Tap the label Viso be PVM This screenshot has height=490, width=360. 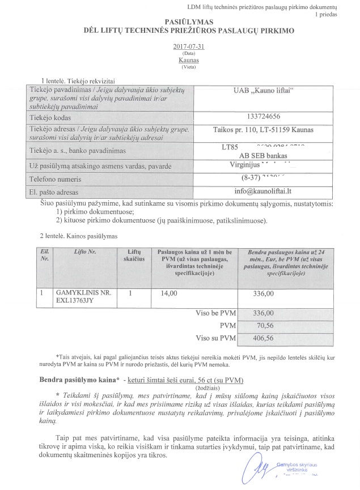pyautogui.click(x=215, y=314)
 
